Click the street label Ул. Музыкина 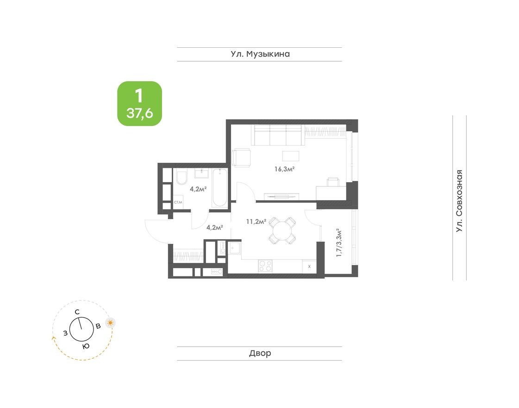(260, 54)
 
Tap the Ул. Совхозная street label (459, 201)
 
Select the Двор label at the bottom (260, 353)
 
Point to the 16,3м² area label (285, 169)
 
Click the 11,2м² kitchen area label (256, 222)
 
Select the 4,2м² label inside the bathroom (198, 189)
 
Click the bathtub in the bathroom (219, 188)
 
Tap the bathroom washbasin (202, 173)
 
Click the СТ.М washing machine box (178, 203)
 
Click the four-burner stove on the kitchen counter (265, 266)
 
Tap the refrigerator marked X (309, 267)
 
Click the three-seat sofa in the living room (278, 135)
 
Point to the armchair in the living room (241, 158)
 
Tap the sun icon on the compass (110, 323)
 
